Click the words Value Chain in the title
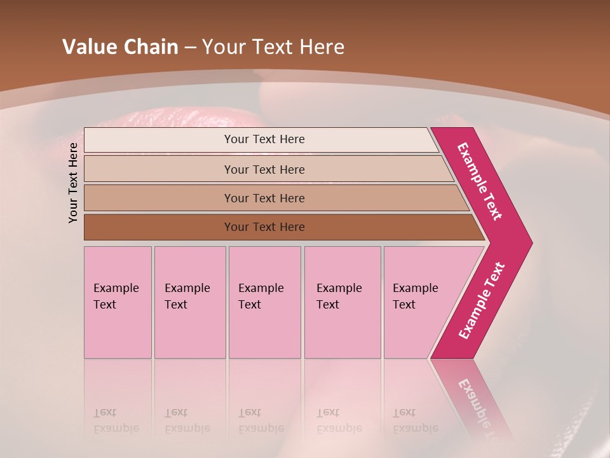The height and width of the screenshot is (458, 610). tap(120, 47)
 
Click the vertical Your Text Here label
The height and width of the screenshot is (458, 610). tap(73, 183)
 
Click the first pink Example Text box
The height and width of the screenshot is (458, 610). tap(118, 302)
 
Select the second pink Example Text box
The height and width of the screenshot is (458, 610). tap(190, 302)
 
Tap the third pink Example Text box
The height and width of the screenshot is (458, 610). tap(264, 302)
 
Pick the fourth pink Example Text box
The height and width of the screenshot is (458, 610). tap(342, 302)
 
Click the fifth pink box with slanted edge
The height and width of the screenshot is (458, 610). tap(419, 302)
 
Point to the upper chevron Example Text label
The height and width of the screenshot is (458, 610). tap(480, 181)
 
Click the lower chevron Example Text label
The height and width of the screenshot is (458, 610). tap(481, 301)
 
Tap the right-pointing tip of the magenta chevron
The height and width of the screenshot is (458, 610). tap(528, 243)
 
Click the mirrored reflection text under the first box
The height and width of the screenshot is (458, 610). tap(116, 421)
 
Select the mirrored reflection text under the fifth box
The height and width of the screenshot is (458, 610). tap(415, 421)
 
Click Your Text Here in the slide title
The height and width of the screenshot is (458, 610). tap(273, 47)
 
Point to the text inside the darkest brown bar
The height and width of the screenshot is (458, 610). tap(264, 227)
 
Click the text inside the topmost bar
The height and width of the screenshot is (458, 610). tap(264, 139)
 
